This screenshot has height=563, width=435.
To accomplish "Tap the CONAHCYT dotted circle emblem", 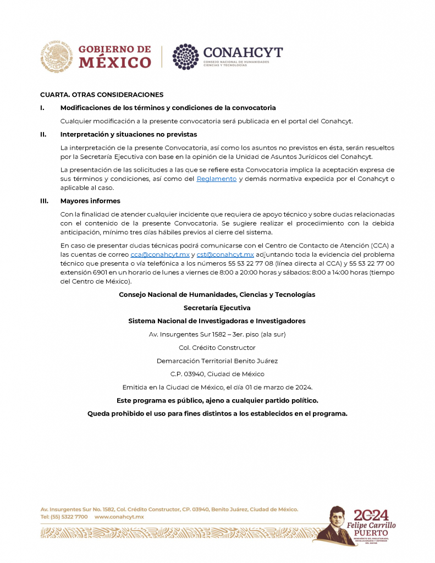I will (x=185, y=57).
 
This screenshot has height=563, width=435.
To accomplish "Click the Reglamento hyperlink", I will (x=217, y=179).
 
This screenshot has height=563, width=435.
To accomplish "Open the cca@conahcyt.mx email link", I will (x=160, y=255).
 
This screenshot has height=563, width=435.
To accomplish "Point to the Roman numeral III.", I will (x=44, y=201).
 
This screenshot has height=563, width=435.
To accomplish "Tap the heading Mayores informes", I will (x=90, y=201).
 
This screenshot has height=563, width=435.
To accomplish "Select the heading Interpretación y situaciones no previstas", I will (x=129, y=134).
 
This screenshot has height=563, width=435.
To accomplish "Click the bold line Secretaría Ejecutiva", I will (x=217, y=308).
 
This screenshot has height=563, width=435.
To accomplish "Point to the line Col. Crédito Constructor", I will (x=217, y=347).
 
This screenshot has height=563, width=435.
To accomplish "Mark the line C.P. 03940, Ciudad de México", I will (x=217, y=374).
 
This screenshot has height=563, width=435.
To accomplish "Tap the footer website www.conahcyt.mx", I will (x=119, y=517).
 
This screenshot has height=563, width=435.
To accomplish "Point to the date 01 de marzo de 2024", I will (x=277, y=387).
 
